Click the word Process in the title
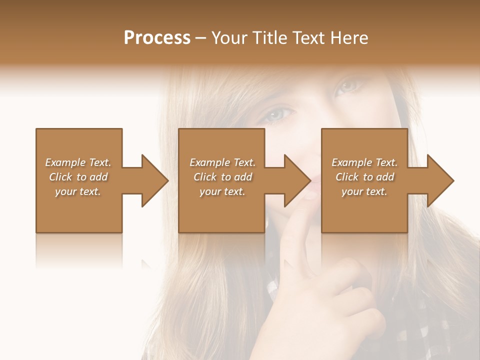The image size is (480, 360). point(157,38)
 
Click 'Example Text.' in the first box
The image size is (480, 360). point(78,162)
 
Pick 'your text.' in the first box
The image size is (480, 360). point(78,191)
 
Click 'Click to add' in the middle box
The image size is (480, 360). point(222,177)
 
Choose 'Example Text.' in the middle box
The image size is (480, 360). point(222,162)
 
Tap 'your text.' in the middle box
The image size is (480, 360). point(222,191)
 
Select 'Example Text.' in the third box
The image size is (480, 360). point(364,162)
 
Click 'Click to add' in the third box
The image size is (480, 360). point(364,177)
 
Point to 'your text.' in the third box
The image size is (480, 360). point(364,191)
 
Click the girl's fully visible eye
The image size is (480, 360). point(276,114)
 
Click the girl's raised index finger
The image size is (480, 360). point(300,235)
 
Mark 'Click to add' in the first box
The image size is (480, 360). point(78,177)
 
